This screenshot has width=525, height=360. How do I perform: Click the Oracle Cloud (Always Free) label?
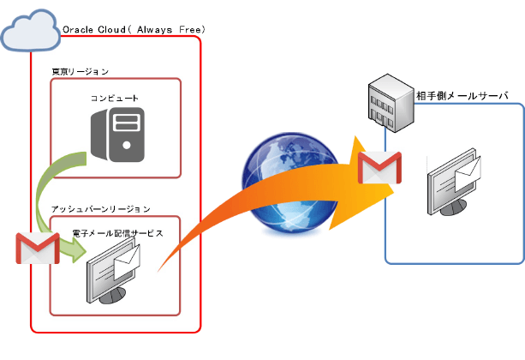point(134,30)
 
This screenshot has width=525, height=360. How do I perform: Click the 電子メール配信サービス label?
point(116,232)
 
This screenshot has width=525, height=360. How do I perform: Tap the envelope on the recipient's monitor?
point(470,175)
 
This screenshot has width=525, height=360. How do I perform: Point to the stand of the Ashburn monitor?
point(111,296)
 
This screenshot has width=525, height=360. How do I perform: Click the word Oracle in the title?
point(79,30)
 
